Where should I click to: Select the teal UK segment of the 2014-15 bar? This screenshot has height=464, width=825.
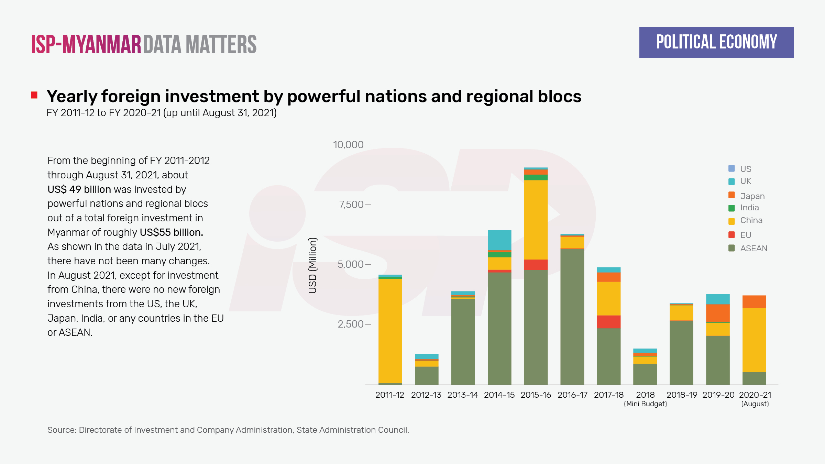click(499, 240)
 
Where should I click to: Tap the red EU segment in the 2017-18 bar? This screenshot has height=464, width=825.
click(608, 322)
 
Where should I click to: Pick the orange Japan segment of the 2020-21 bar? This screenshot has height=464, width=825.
click(754, 302)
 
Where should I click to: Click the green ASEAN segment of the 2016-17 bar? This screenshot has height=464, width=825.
click(572, 316)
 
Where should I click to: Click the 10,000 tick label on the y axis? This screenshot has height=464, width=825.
click(348, 145)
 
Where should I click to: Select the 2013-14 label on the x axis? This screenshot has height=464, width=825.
click(463, 395)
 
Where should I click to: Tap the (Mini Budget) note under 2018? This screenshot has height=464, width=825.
click(645, 404)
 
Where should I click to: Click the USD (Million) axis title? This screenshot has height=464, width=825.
click(312, 265)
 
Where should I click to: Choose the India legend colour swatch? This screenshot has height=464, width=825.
click(731, 208)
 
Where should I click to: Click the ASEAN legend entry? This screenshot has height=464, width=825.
click(753, 248)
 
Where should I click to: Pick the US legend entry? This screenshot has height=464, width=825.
click(746, 169)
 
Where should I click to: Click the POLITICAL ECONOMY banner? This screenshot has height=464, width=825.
click(716, 42)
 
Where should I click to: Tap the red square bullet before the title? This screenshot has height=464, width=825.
click(34, 95)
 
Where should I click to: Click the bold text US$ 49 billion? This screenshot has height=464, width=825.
click(79, 189)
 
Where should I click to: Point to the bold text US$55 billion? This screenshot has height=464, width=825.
click(171, 232)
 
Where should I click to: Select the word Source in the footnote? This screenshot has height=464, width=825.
click(61, 430)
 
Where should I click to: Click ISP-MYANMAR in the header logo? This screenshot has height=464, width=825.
click(86, 44)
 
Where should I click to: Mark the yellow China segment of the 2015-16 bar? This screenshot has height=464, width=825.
click(536, 220)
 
